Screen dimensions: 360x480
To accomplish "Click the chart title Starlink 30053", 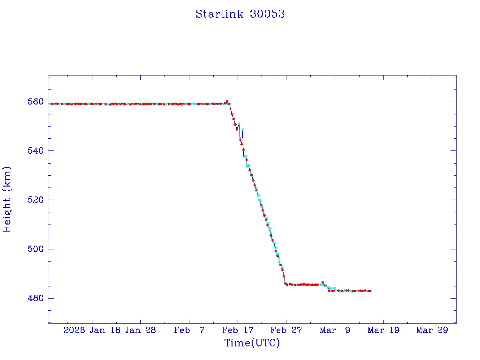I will pos(240,14).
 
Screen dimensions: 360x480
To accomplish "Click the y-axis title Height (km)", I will pos(7,199).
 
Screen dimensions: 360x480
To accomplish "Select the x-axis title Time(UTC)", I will pos(252,343).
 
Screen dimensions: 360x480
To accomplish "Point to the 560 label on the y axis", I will pos(37,102).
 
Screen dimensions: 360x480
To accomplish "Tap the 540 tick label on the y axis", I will pos(37,150).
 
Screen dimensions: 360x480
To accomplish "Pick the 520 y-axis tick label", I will pos(37,200).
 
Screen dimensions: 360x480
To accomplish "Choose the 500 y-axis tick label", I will pos(37,249).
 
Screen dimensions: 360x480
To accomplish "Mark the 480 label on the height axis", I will pos(37,298).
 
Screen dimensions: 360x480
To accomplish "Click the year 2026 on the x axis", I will pos(75,330).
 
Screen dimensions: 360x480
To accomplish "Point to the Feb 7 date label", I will pos(189,330).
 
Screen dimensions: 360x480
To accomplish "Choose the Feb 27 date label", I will pos(286,330).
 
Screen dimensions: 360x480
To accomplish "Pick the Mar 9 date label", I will pos(335,330).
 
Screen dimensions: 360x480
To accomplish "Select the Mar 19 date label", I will pos(383,330).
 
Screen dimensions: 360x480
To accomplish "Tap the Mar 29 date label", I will pos(432,330).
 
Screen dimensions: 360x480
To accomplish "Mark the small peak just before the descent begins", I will pos(227,101).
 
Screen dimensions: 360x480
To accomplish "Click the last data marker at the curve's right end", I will pos(370,291).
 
